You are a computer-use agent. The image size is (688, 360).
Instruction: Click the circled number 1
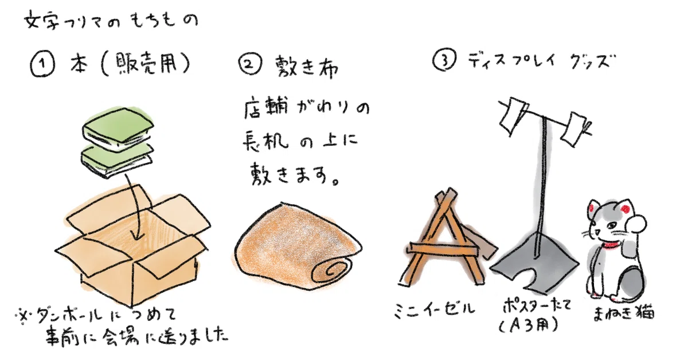42,65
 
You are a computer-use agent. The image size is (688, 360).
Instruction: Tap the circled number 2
251,64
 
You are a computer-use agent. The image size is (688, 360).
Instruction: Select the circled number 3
444,60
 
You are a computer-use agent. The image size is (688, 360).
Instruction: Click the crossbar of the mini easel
444,249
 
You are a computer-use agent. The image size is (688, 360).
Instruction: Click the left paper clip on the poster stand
512,115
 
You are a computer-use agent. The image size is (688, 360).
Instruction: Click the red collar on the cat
611,245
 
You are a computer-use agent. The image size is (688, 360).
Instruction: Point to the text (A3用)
529,325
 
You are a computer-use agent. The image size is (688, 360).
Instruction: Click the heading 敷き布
307,66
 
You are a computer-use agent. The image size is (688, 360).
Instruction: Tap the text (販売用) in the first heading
145,65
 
